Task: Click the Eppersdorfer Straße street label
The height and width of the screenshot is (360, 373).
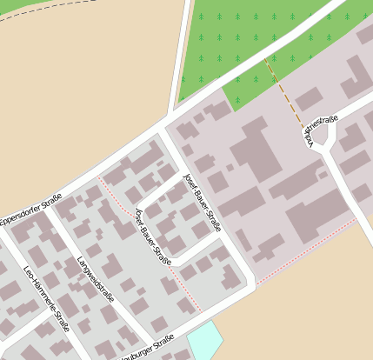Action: (x=30, y=209)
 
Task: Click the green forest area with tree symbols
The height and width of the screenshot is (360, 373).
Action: (x=261, y=35)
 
